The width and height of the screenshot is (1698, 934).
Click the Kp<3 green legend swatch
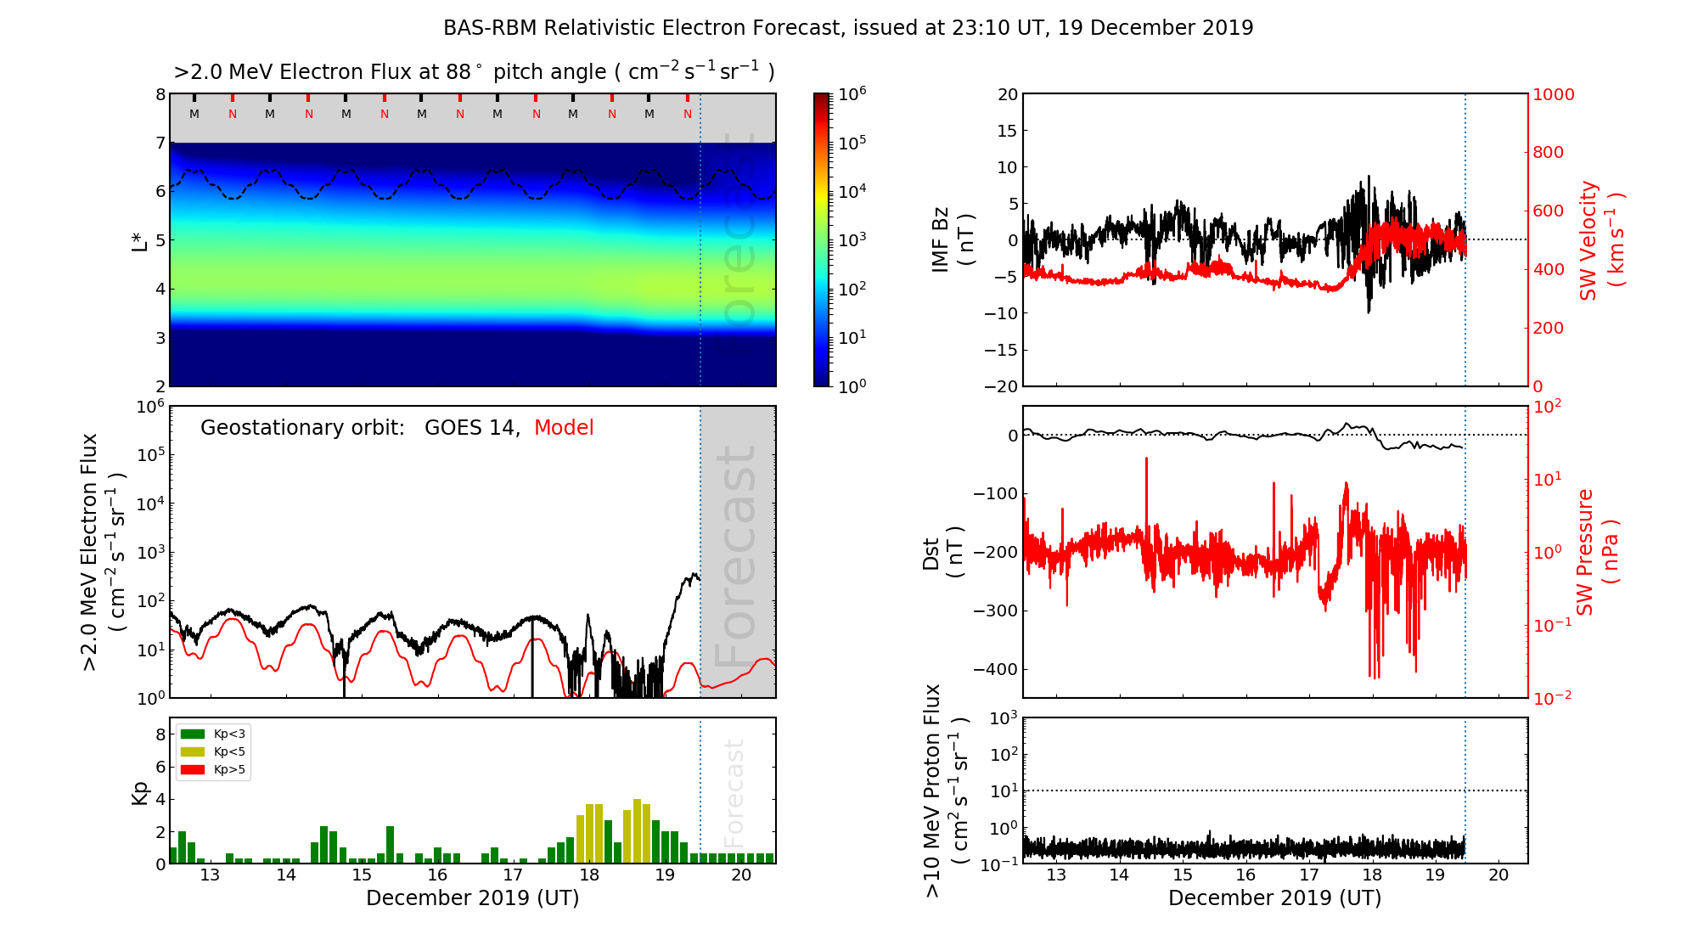click(x=193, y=734)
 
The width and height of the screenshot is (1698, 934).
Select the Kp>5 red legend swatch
click(x=193, y=770)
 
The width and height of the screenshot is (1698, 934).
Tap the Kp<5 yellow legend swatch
click(x=193, y=752)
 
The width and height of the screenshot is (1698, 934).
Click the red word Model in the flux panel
click(x=564, y=428)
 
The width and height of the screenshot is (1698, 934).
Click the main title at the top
click(x=848, y=28)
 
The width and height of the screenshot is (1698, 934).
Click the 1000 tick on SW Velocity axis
click(x=1553, y=94)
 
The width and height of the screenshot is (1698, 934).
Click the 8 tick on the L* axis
click(x=160, y=94)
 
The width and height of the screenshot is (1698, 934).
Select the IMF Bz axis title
click(x=953, y=240)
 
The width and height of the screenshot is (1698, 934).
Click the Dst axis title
click(x=942, y=552)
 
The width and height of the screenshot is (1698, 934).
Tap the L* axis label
click(x=140, y=240)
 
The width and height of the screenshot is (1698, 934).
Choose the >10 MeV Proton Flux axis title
click(x=946, y=791)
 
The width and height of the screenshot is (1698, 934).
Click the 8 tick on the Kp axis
click(x=160, y=734)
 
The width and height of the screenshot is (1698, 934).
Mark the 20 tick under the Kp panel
click(x=741, y=875)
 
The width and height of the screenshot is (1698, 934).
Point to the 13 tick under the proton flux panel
click(x=1056, y=875)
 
